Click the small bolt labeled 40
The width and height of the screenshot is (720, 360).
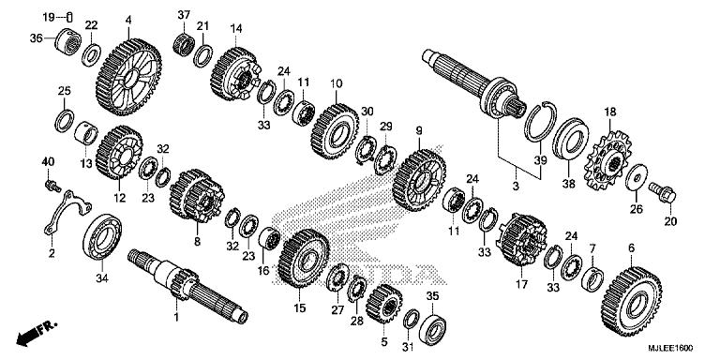point(51,184)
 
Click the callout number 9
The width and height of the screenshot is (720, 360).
point(418,129)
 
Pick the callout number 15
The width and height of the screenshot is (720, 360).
point(300,307)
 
